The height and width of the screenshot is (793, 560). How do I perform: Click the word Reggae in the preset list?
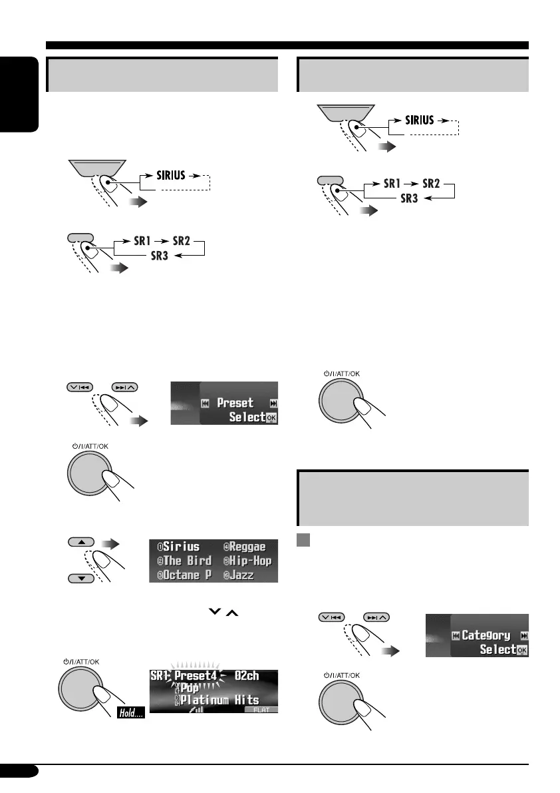tap(252, 547)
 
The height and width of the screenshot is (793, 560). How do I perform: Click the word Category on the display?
tap(486, 635)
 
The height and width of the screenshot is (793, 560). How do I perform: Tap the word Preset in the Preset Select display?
tap(235, 403)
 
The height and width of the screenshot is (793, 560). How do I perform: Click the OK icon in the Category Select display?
tap(521, 649)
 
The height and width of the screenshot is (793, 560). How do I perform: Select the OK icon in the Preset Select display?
tap(271, 417)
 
